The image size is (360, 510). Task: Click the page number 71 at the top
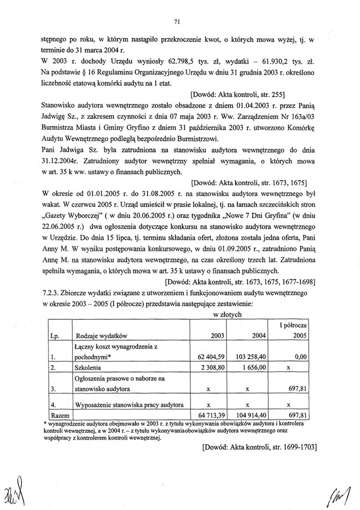[x=177, y=20]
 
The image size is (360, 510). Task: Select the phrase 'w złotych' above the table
[x=227, y=314]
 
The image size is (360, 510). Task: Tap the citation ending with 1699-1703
[x=259, y=447]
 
